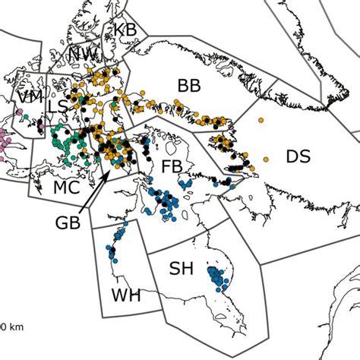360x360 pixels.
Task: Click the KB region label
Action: coord(125,29)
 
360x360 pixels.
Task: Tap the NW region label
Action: coord(82,54)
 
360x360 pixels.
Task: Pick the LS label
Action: coord(57,107)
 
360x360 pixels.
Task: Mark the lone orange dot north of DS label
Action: coord(261,120)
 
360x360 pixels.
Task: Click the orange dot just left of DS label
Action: coord(266,158)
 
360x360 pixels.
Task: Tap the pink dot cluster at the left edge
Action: coord(4,144)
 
